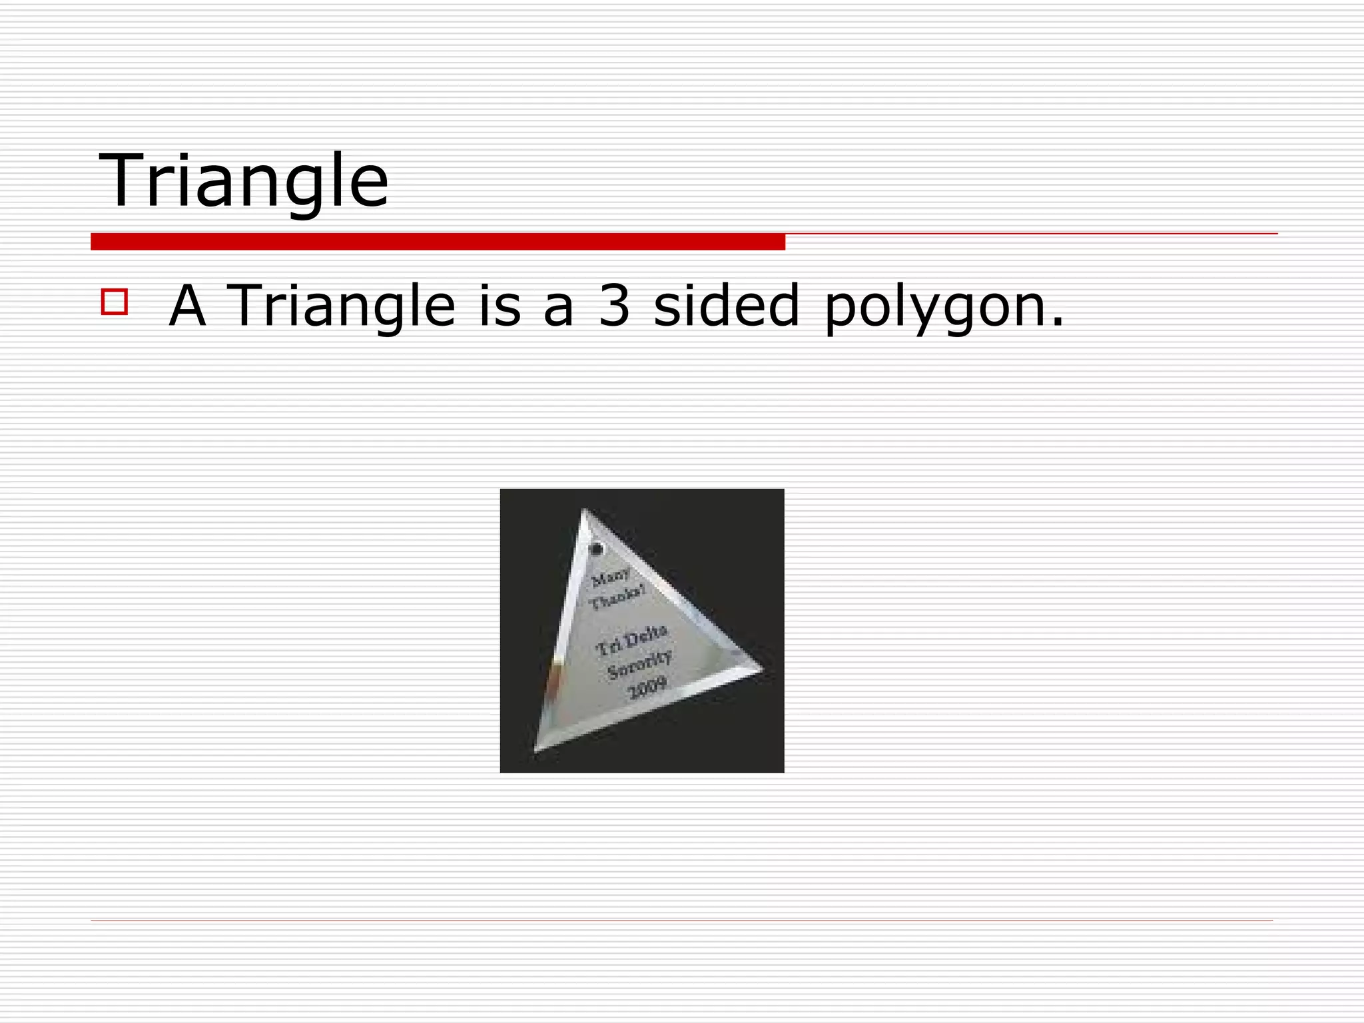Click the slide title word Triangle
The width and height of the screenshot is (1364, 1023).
(244, 180)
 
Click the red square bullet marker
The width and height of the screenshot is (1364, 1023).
(114, 302)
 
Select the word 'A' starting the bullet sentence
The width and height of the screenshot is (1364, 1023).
(187, 306)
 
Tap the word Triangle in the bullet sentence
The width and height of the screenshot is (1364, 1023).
(341, 306)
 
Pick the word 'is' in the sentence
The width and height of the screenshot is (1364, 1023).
(500, 306)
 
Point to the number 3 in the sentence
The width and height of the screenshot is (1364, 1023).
(613, 306)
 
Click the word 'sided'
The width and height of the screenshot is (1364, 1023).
(726, 306)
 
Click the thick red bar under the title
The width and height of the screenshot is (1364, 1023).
(438, 242)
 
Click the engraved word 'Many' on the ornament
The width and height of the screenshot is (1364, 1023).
(611, 576)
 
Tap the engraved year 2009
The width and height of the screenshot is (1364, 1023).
(648, 687)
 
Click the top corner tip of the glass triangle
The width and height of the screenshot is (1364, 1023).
(584, 511)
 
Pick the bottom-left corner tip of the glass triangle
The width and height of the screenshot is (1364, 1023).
(535, 751)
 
